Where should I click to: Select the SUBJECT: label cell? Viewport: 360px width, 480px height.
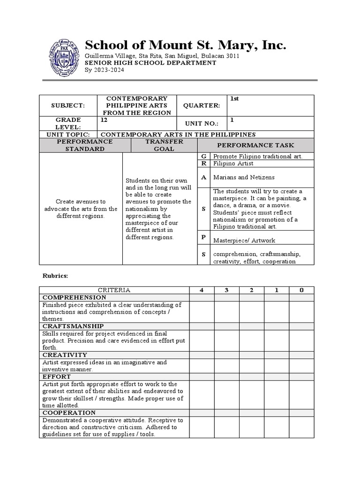tap(68, 106)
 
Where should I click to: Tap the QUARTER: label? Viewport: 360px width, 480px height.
tap(201, 106)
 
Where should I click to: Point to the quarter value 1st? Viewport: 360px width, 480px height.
tap(234, 99)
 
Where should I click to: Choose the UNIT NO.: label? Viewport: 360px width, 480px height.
tap(201, 123)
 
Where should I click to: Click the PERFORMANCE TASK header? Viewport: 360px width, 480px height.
tap(256, 145)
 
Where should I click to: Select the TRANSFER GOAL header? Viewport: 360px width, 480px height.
tap(160, 145)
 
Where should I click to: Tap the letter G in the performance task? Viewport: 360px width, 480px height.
tap(203, 156)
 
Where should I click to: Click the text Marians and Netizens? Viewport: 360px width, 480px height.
tap(244, 178)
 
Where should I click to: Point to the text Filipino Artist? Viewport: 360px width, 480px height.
tap(233, 164)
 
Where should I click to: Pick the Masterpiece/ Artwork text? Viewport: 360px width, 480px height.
tap(244, 240)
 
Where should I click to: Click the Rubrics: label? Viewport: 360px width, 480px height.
tap(55, 276)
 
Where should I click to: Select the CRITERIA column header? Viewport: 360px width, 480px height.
tap(114, 290)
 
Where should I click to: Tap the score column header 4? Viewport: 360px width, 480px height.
tap(202, 290)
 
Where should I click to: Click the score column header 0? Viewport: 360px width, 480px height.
tap(301, 290)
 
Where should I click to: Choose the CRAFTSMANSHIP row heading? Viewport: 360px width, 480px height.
tap(73, 326)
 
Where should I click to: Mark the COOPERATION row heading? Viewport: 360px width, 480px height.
tap(69, 412)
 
